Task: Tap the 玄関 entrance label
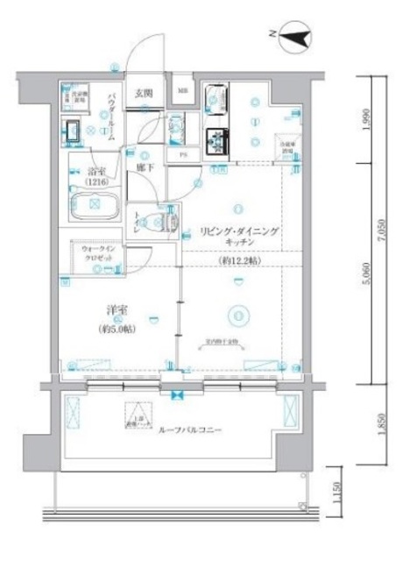pos(145,91)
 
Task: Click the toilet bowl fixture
pos(166,223)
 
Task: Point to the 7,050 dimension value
pos(380,231)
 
